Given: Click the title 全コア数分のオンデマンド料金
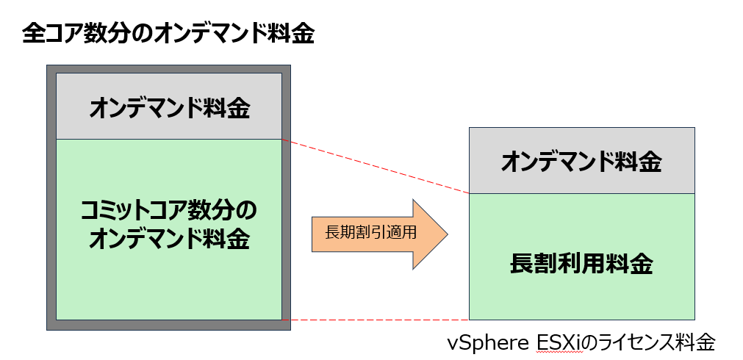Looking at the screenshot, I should pos(168,35).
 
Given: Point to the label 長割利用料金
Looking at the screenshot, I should pos(581,264).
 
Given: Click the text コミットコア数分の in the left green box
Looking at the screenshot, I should pos(168,212).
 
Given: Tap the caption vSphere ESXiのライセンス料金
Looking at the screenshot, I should pos(581,343).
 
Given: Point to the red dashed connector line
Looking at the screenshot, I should pos(375,167).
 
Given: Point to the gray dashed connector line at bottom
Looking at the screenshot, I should pos(375,320).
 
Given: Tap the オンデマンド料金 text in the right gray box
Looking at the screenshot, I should pos(581,162).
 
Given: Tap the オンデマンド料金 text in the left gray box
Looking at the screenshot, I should pos(169,108).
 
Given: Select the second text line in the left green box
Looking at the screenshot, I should pos(169,240).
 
